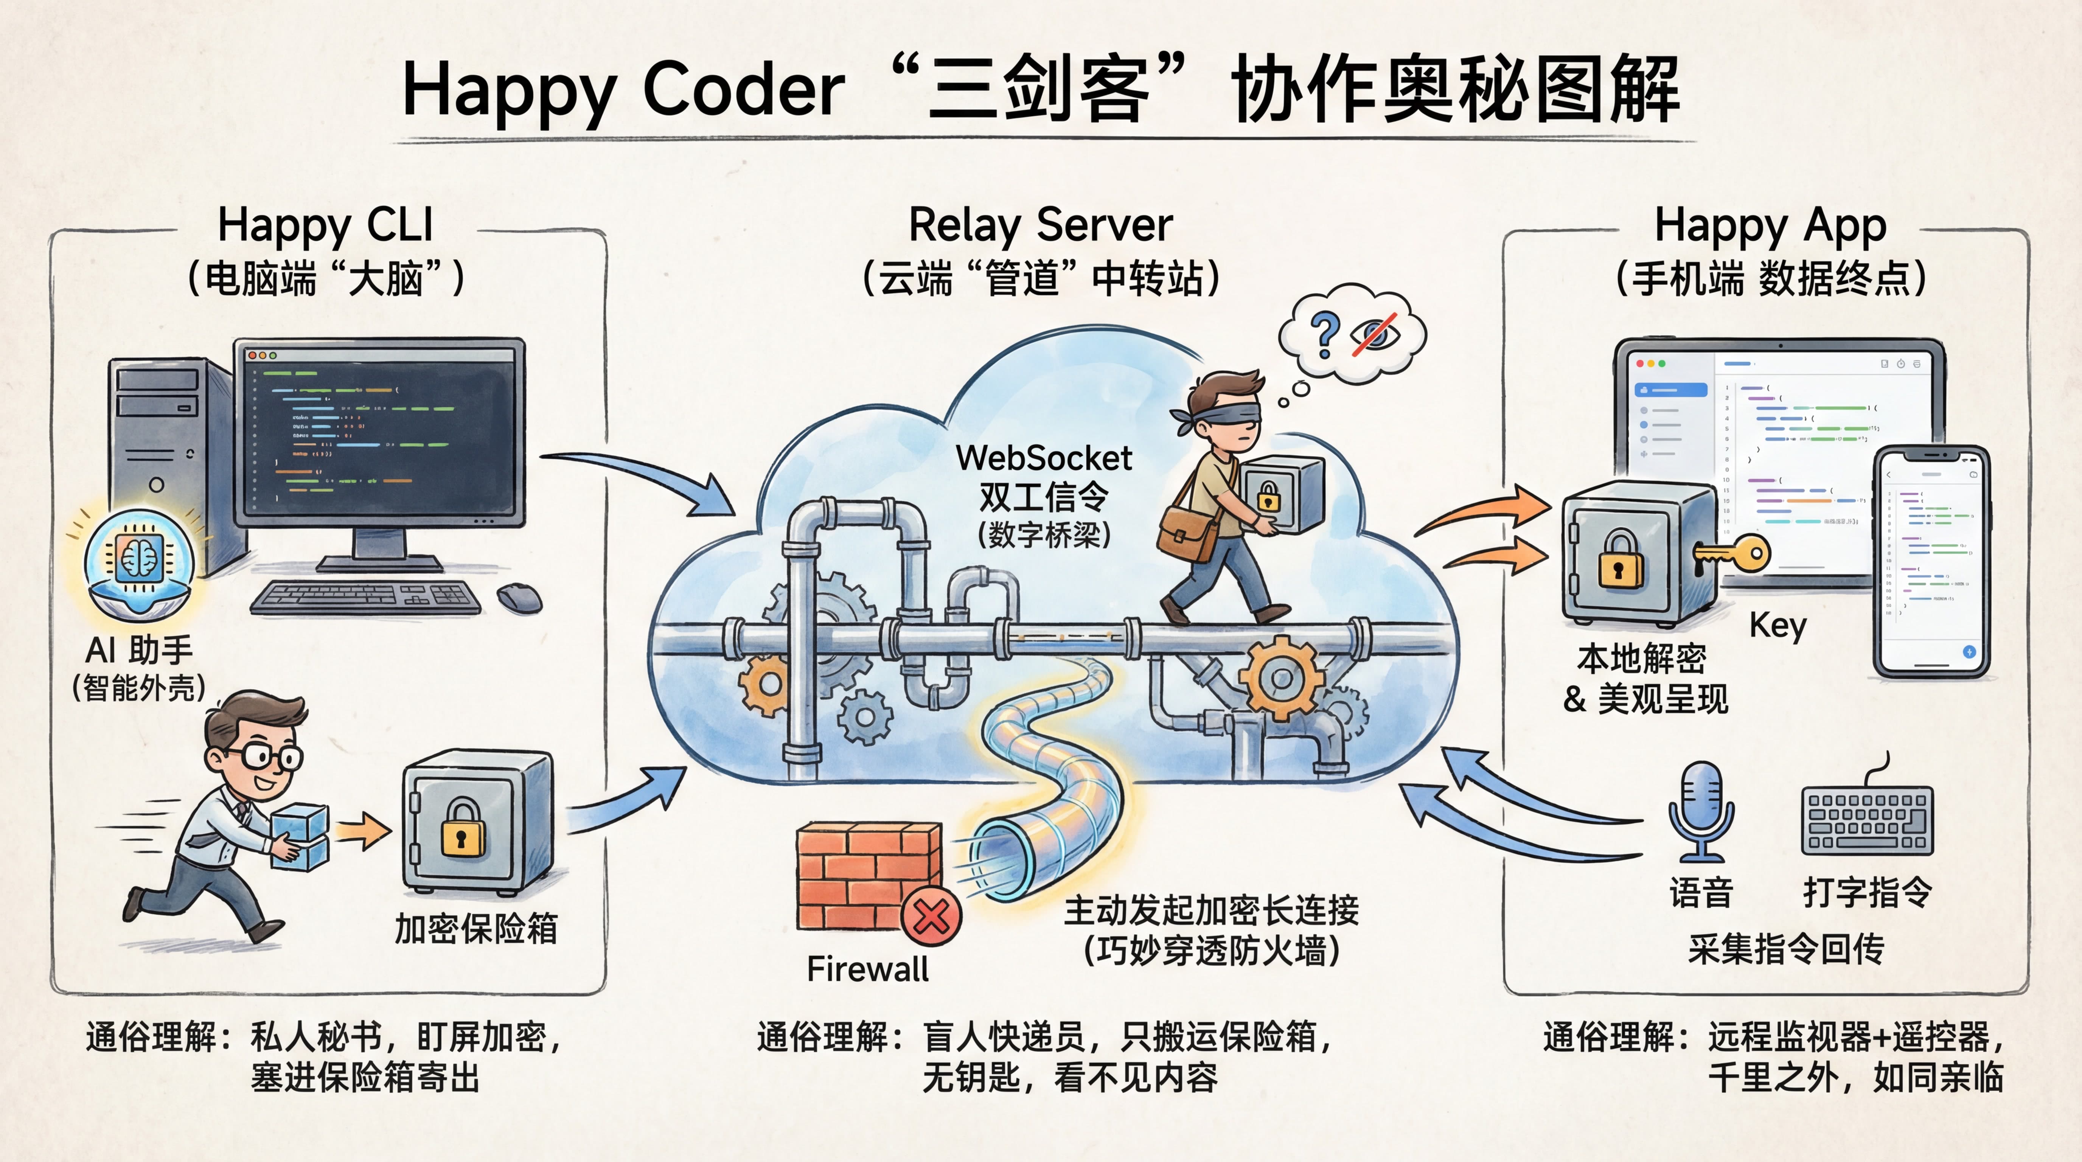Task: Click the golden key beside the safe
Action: coord(1738,555)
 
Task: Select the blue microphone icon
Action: coord(1701,808)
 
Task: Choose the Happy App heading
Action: coord(1770,225)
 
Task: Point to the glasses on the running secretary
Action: coord(267,757)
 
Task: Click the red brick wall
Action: coord(865,873)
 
